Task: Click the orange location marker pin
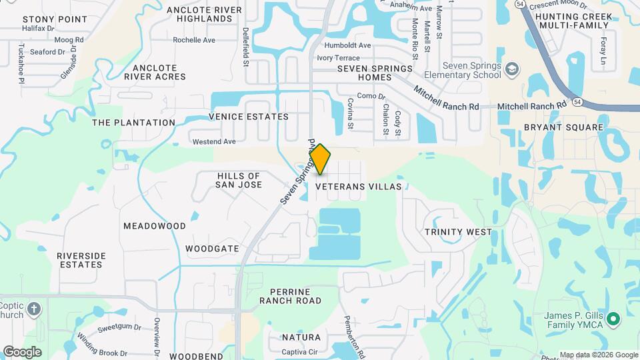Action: tap(320, 159)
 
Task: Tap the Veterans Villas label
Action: tap(359, 187)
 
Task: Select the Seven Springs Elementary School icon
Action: tap(512, 69)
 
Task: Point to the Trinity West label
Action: tap(458, 232)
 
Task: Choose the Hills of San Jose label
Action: tap(239, 179)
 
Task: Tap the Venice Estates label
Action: tap(249, 117)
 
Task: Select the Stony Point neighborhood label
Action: tap(45, 19)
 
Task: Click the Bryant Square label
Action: tap(563, 127)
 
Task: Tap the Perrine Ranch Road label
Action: tap(295, 296)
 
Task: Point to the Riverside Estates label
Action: tap(80, 260)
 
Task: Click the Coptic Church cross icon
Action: tap(35, 309)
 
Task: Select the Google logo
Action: tap(22, 352)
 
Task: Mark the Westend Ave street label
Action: tap(214, 142)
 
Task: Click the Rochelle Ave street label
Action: tap(194, 40)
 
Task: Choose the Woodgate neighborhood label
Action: tap(212, 249)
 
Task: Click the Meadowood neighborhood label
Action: tap(155, 226)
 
